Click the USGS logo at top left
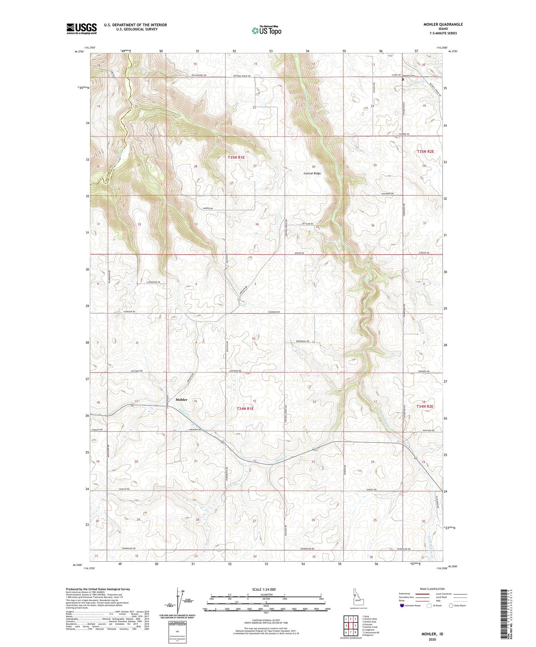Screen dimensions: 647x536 (x=81, y=29)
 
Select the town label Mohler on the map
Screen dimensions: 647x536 (x=181, y=399)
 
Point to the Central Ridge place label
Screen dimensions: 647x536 (x=312, y=173)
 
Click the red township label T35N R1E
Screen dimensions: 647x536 (x=236, y=157)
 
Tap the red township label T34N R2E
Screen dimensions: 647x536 (x=425, y=407)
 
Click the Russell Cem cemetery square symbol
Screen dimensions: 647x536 (x=403, y=79)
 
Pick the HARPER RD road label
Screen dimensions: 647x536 (x=208, y=209)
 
